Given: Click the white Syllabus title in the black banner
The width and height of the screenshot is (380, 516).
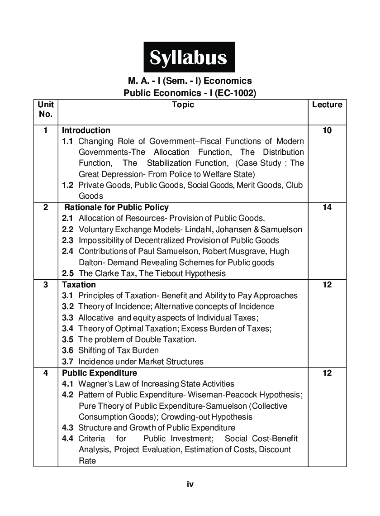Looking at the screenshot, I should tap(189, 57).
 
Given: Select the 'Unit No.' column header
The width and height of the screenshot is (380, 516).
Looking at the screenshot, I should tap(45, 110).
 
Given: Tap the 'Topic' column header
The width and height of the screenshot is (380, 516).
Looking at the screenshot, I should tap(183, 105).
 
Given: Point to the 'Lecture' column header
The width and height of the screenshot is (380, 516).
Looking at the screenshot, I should tap(327, 105).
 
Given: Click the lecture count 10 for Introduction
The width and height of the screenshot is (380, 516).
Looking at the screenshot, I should tap(327, 130).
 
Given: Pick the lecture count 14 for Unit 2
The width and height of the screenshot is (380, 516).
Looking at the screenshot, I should tap(327, 207).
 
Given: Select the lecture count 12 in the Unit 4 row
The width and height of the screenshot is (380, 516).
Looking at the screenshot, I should tap(327, 373).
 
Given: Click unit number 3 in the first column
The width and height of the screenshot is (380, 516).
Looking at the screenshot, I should tap(45, 285).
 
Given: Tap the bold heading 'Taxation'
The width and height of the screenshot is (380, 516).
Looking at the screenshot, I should tap(79, 285).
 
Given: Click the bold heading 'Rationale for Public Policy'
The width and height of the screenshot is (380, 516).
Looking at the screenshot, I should tap(116, 207).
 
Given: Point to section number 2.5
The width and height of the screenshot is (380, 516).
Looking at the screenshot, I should tap(67, 273).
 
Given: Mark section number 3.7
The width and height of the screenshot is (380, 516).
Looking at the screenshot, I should tap(67, 362).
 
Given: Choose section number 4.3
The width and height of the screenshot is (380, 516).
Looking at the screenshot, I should tap(67, 428).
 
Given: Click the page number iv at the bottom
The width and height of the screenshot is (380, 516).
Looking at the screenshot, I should tap(190, 484).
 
